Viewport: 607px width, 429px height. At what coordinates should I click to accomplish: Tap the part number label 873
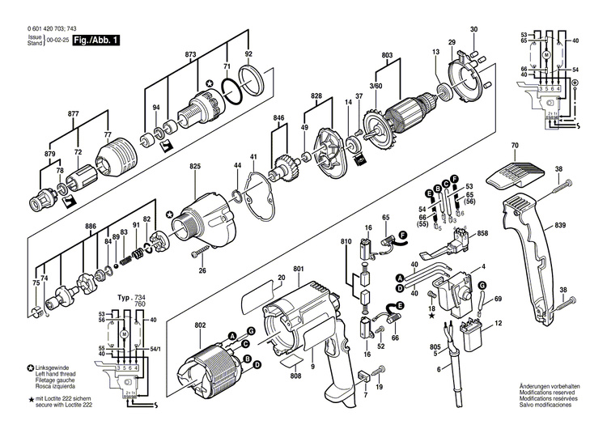click(x=190, y=54)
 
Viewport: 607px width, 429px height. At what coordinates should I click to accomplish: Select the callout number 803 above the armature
click(x=387, y=54)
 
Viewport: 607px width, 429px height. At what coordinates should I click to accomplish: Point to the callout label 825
click(x=195, y=166)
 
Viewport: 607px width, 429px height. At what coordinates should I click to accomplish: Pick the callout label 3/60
click(x=376, y=86)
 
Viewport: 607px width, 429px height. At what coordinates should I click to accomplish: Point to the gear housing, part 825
click(x=205, y=214)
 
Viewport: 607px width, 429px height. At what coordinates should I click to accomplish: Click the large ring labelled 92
click(x=253, y=81)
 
